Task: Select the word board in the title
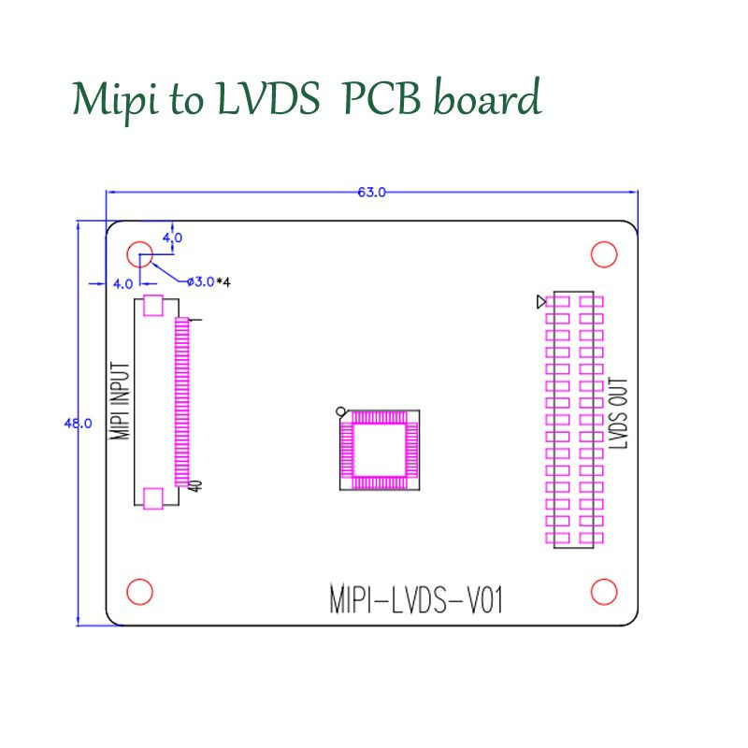click(486, 99)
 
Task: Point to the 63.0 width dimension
click(371, 193)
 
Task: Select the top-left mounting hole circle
click(140, 254)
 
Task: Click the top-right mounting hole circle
click(604, 254)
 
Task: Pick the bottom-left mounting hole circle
click(139, 591)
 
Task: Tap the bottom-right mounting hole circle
click(604, 591)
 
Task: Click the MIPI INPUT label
click(120, 400)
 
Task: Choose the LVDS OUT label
click(619, 414)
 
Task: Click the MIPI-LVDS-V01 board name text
click(416, 599)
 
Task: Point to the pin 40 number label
click(196, 486)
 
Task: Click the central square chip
click(378, 451)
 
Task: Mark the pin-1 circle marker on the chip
click(341, 410)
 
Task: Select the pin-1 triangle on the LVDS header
click(540, 301)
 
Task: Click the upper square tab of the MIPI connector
click(153, 307)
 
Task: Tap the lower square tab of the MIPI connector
click(153, 497)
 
